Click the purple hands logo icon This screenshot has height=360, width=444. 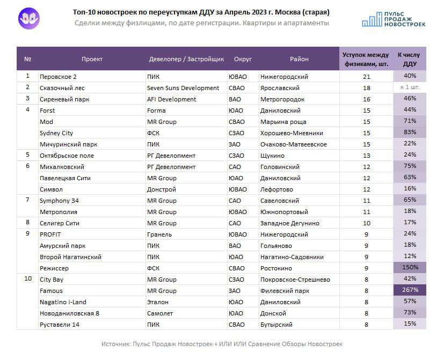pos(29,19)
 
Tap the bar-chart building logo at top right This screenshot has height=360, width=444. pos(372,19)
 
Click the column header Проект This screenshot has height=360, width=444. pos(92,59)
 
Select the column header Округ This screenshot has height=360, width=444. pos(243,59)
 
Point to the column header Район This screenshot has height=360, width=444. pos(299,59)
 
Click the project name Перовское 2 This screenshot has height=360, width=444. pos(58,77)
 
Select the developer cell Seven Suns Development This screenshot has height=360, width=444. pos(183,88)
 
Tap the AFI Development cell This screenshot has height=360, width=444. pos(171,99)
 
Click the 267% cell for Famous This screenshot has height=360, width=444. pos(410,290)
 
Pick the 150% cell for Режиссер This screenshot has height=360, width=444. pos(410,267)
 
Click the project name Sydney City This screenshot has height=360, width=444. pos(56,133)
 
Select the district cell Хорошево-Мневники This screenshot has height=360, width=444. pos(292,133)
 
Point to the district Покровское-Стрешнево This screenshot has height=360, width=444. pos(295,280)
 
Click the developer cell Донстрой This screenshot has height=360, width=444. pos(162,189)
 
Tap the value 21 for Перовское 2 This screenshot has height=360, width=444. pos(366,77)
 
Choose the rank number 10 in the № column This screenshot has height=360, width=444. pos(28,278)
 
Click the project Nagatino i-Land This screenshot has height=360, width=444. pos(63,302)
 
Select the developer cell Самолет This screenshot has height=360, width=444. pos(159,313)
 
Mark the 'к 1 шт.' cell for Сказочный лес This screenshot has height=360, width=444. pos(410,87)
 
